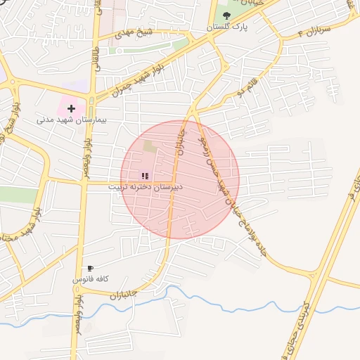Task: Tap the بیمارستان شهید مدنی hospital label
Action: click(71, 120)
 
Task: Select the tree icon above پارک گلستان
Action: click(226, 15)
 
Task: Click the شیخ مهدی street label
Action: click(133, 33)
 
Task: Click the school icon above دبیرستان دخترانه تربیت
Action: click(144, 176)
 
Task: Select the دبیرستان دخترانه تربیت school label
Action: click(145, 188)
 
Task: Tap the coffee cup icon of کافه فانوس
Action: click(90, 269)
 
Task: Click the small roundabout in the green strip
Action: click(118, 51)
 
